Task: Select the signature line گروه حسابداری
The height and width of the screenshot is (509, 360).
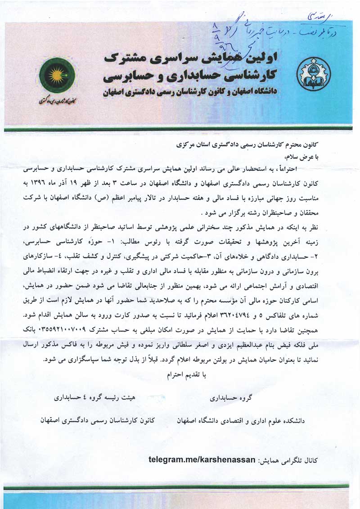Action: pos(232,398)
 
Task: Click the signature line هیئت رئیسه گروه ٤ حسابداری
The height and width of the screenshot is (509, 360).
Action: pos(92,398)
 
